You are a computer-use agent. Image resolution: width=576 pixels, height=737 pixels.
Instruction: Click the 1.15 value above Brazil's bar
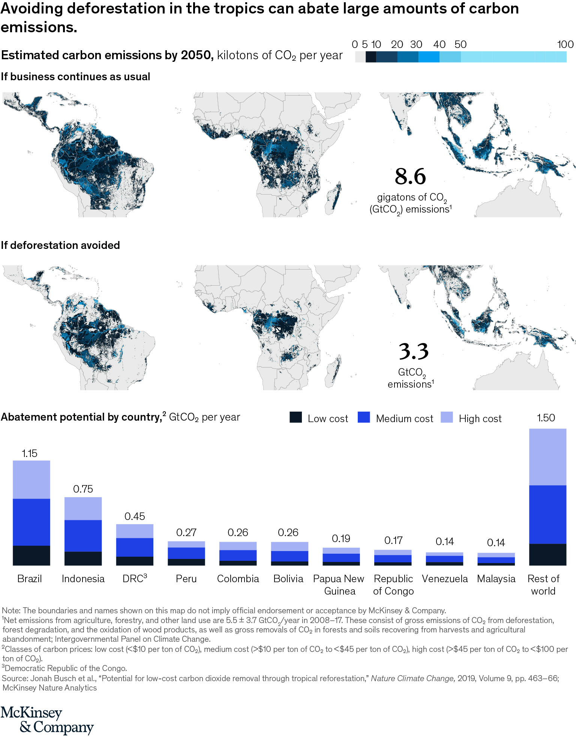[x=30, y=453]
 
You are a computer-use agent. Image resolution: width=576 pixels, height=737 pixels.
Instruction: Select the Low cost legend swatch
[x=295, y=418]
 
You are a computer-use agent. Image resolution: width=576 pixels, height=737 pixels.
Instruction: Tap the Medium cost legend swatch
[x=364, y=418]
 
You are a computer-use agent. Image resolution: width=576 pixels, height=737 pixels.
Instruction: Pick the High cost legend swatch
[x=447, y=418]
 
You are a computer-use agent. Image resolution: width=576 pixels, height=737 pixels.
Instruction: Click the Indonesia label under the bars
[x=83, y=579]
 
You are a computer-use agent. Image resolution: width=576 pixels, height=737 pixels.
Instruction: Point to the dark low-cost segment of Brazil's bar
[x=31, y=555]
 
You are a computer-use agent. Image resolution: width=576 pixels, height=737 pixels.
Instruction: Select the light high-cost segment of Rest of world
[x=547, y=457]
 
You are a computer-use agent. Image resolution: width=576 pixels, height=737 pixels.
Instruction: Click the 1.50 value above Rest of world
[x=546, y=418]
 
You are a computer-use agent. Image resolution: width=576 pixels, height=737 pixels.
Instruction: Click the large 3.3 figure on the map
[x=413, y=351]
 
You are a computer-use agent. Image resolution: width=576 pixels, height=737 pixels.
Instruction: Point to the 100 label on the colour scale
[x=565, y=45]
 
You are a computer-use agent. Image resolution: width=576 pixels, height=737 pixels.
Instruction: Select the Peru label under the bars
[x=186, y=579]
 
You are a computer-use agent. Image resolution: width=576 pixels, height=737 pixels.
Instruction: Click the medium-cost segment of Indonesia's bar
[x=83, y=535]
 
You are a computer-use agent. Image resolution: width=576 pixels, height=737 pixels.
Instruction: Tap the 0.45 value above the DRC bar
[x=135, y=517]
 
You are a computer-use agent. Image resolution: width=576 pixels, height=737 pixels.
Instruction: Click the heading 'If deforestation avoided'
[x=60, y=245]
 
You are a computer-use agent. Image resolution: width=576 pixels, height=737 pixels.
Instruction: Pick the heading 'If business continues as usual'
[x=75, y=76]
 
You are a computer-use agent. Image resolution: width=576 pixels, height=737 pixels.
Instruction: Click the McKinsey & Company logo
[x=47, y=720]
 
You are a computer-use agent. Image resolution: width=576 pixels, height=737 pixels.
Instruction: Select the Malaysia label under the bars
[x=496, y=579]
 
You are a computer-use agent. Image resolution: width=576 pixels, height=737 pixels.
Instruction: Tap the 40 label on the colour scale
[x=439, y=45]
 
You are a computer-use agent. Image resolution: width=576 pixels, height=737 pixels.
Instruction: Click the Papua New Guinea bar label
[x=339, y=585]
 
